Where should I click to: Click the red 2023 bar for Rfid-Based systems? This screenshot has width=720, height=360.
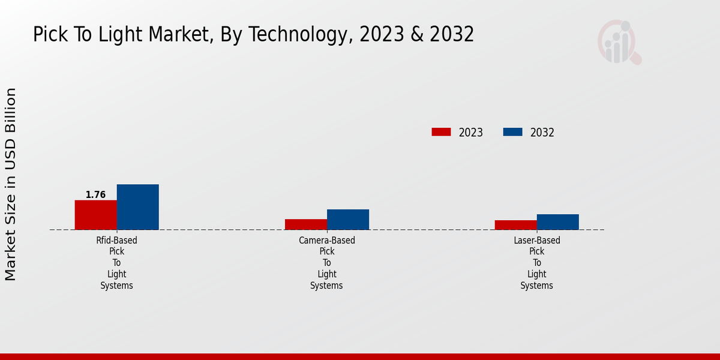click(x=95, y=215)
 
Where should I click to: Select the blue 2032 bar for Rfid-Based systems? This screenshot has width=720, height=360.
click(x=137, y=207)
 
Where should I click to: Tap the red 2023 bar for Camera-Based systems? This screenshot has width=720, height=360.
click(x=305, y=224)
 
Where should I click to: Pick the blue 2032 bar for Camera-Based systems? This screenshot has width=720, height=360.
click(x=347, y=220)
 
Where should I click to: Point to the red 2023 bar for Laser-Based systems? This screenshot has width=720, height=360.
click(x=515, y=225)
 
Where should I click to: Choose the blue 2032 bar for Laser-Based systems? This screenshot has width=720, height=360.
click(x=557, y=222)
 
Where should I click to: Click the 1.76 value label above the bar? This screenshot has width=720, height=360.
click(x=95, y=195)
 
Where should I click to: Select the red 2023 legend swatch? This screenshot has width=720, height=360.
click(x=441, y=132)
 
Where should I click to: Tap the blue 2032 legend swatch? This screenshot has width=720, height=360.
click(x=512, y=132)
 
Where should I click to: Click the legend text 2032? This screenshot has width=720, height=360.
click(x=542, y=133)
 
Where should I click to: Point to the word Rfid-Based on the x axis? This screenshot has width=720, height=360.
click(x=116, y=241)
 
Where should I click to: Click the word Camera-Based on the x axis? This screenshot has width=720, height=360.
click(x=327, y=241)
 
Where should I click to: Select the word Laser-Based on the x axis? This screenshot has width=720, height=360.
click(x=537, y=241)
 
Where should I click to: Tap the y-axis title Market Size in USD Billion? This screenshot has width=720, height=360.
click(x=11, y=184)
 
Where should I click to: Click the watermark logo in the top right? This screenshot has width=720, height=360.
click(x=619, y=42)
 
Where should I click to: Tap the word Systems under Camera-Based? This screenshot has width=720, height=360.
click(x=326, y=286)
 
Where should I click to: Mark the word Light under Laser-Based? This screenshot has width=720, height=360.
click(x=537, y=274)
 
